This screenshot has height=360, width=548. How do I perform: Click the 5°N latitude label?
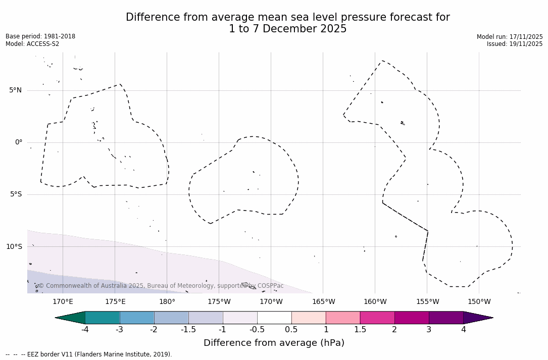(15, 90)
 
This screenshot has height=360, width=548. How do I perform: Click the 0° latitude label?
(18, 142)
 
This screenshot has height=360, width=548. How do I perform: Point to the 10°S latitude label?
(14, 247)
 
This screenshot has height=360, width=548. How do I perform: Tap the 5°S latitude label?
(15, 194)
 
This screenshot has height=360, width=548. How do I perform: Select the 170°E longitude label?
(63, 302)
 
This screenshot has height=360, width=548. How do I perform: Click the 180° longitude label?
(167, 302)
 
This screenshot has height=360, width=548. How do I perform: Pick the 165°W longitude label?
(323, 302)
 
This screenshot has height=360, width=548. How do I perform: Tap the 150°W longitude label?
(479, 302)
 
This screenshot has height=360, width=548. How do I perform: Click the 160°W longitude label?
(375, 302)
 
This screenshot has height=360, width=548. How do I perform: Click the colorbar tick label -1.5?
(188, 330)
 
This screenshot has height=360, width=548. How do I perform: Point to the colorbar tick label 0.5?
(291, 330)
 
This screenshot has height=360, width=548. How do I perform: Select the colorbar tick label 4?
(463, 330)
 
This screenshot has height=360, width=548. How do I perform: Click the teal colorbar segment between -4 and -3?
(103, 318)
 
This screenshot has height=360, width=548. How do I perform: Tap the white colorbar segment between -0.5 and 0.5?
(274, 318)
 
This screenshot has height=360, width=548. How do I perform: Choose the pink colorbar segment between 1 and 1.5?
(343, 318)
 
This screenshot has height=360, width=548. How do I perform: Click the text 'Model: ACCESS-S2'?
(32, 44)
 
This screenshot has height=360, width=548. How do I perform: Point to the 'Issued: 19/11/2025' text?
(515, 44)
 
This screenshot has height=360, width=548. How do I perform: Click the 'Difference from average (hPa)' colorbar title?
(274, 343)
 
